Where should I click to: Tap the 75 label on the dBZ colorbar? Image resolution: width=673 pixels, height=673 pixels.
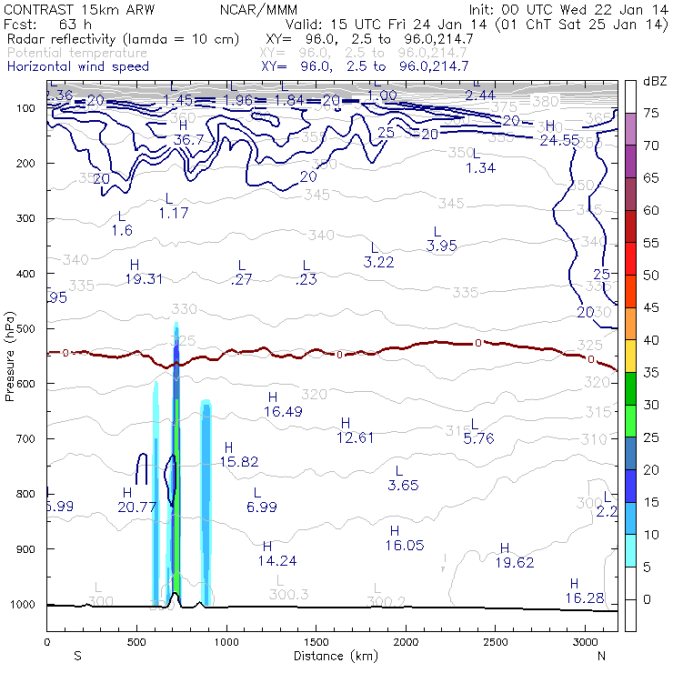pyautogui.click(x=652, y=113)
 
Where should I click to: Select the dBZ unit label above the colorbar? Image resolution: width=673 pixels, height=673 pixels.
pyautogui.click(x=655, y=81)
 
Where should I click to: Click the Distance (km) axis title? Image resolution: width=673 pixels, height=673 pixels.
pyautogui.click(x=332, y=656)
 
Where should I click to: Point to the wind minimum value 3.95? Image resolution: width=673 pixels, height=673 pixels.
pyautogui.click(x=441, y=246)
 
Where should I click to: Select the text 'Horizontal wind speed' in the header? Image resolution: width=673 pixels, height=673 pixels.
pyautogui.click(x=78, y=66)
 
